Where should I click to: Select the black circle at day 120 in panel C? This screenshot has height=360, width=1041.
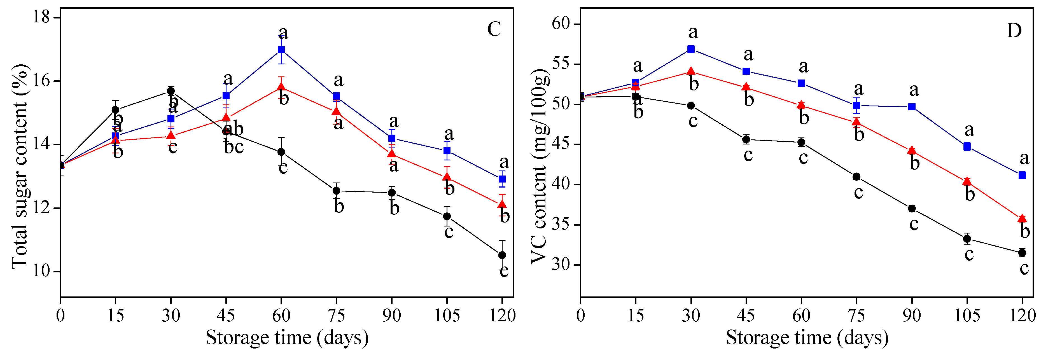(502, 255)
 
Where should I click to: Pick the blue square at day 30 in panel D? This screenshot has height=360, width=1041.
(691, 49)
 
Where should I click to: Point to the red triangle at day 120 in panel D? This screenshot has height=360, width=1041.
(1022, 219)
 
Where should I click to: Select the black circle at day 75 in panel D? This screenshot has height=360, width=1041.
(856, 177)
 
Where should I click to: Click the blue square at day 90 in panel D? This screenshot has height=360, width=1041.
(912, 107)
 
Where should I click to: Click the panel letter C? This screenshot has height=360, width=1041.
(494, 29)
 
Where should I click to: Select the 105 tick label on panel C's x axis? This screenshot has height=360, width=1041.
(447, 315)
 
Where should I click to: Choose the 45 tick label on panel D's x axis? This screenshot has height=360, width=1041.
(746, 315)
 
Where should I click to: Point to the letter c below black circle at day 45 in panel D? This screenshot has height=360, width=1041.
(748, 155)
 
